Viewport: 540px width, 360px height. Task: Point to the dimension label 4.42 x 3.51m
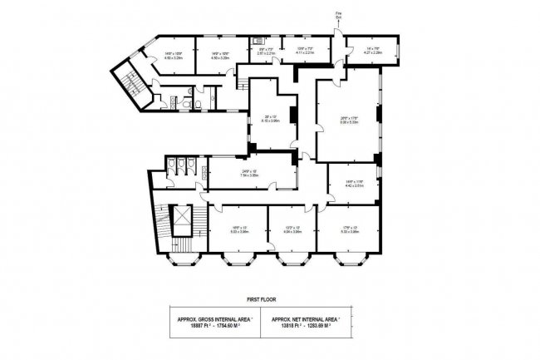point(355,187)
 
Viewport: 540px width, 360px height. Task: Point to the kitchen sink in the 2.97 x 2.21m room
point(259,41)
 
